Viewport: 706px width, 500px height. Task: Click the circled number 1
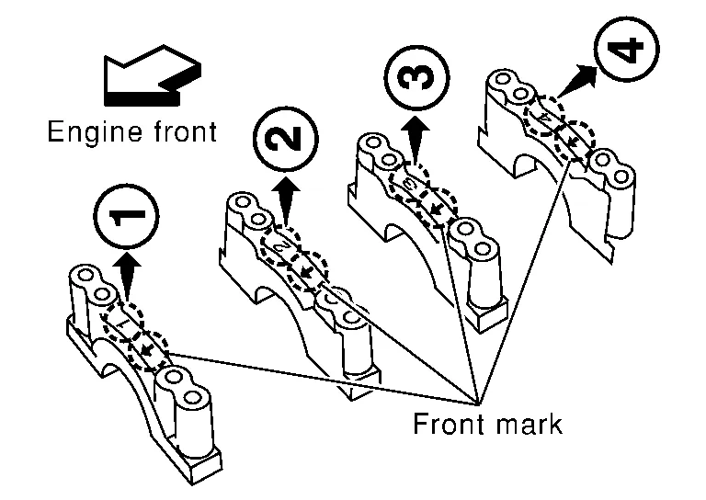coord(126,217)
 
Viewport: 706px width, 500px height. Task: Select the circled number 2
coord(285,141)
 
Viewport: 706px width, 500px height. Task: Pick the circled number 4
coord(627,50)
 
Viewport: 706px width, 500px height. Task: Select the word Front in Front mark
coord(447,426)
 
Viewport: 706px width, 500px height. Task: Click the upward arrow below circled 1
coord(126,274)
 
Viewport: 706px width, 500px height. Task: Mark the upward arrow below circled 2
coord(287,201)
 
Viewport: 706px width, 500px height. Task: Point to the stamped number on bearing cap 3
coord(410,184)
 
